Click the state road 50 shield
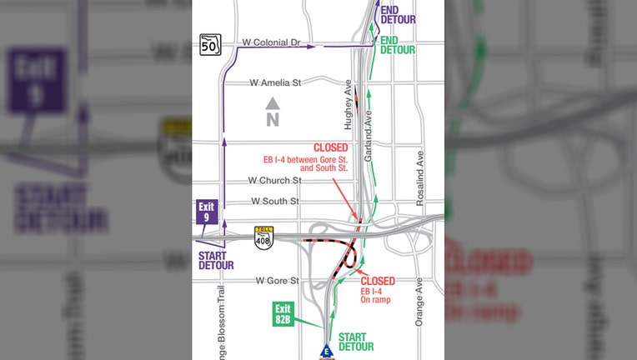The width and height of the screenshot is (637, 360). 208,45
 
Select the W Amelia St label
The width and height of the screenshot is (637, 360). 275,82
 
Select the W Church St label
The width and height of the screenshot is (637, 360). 274,180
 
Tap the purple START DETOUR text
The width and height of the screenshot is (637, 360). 216,260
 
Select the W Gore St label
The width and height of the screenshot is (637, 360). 277,281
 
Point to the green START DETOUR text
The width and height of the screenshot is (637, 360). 356,341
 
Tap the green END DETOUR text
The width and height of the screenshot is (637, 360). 397,45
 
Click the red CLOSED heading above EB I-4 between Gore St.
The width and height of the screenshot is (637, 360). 330,147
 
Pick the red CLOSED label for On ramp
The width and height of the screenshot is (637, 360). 378,281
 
